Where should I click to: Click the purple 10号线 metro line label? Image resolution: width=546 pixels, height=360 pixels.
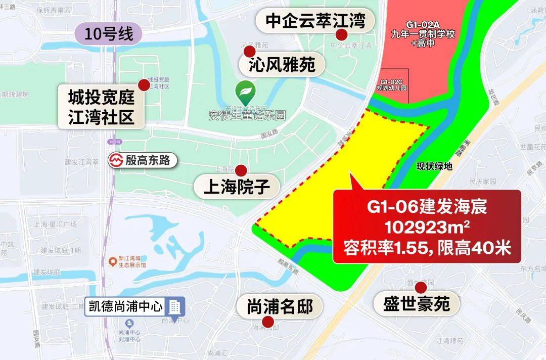[109, 34]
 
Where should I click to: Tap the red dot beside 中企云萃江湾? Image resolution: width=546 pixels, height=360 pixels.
[342, 34]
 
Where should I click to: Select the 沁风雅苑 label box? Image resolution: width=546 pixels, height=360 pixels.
[282, 65]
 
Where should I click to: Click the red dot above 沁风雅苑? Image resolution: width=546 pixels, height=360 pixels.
[249, 51]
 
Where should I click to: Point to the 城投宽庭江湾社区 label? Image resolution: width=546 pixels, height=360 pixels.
[101, 106]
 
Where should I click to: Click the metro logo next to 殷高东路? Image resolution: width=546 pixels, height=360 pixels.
[117, 161]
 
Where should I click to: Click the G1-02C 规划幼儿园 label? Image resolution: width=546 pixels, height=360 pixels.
[392, 84]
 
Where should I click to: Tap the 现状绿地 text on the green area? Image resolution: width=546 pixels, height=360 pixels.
[434, 166]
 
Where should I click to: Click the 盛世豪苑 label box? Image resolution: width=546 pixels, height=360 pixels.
[417, 304]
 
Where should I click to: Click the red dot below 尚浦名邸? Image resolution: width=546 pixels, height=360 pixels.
[268, 322]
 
